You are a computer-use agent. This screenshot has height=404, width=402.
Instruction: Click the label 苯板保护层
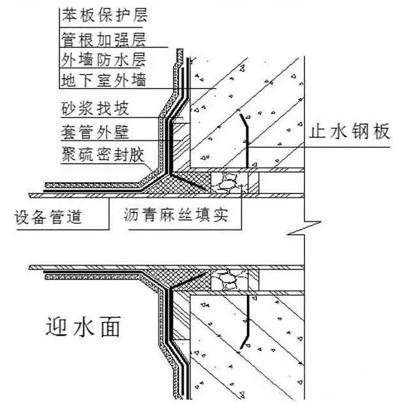point(104,13)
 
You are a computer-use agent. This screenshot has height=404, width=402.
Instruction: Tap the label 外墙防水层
point(104,60)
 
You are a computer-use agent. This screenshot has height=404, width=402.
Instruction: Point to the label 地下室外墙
point(104,81)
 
